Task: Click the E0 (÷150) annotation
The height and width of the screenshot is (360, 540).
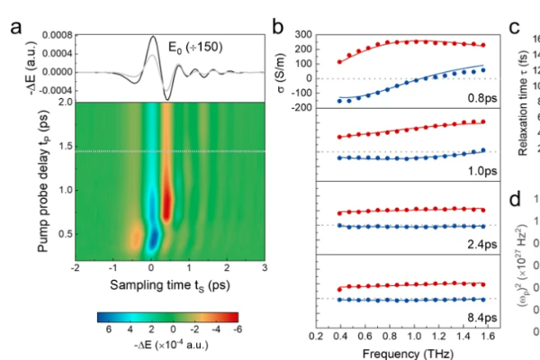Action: (x=190, y=45)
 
